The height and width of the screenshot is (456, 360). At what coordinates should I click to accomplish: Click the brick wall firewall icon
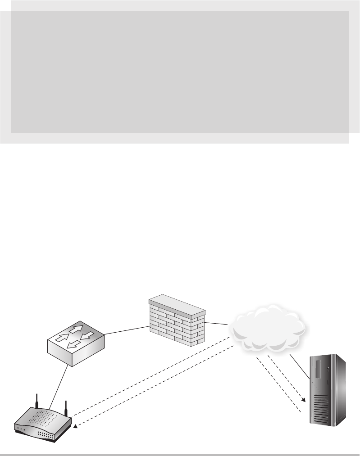pos(177,322)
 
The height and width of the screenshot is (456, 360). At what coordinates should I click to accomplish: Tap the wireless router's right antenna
pos(65,408)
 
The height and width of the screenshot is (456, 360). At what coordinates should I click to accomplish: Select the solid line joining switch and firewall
pos(126,331)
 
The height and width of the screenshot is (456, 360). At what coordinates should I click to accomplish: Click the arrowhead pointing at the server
pos(307,400)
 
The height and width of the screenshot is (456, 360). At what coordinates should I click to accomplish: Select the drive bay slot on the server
pos(319,369)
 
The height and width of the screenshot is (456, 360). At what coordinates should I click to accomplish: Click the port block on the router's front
pos(46,435)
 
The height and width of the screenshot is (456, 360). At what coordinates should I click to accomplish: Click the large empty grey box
pos(179,72)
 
